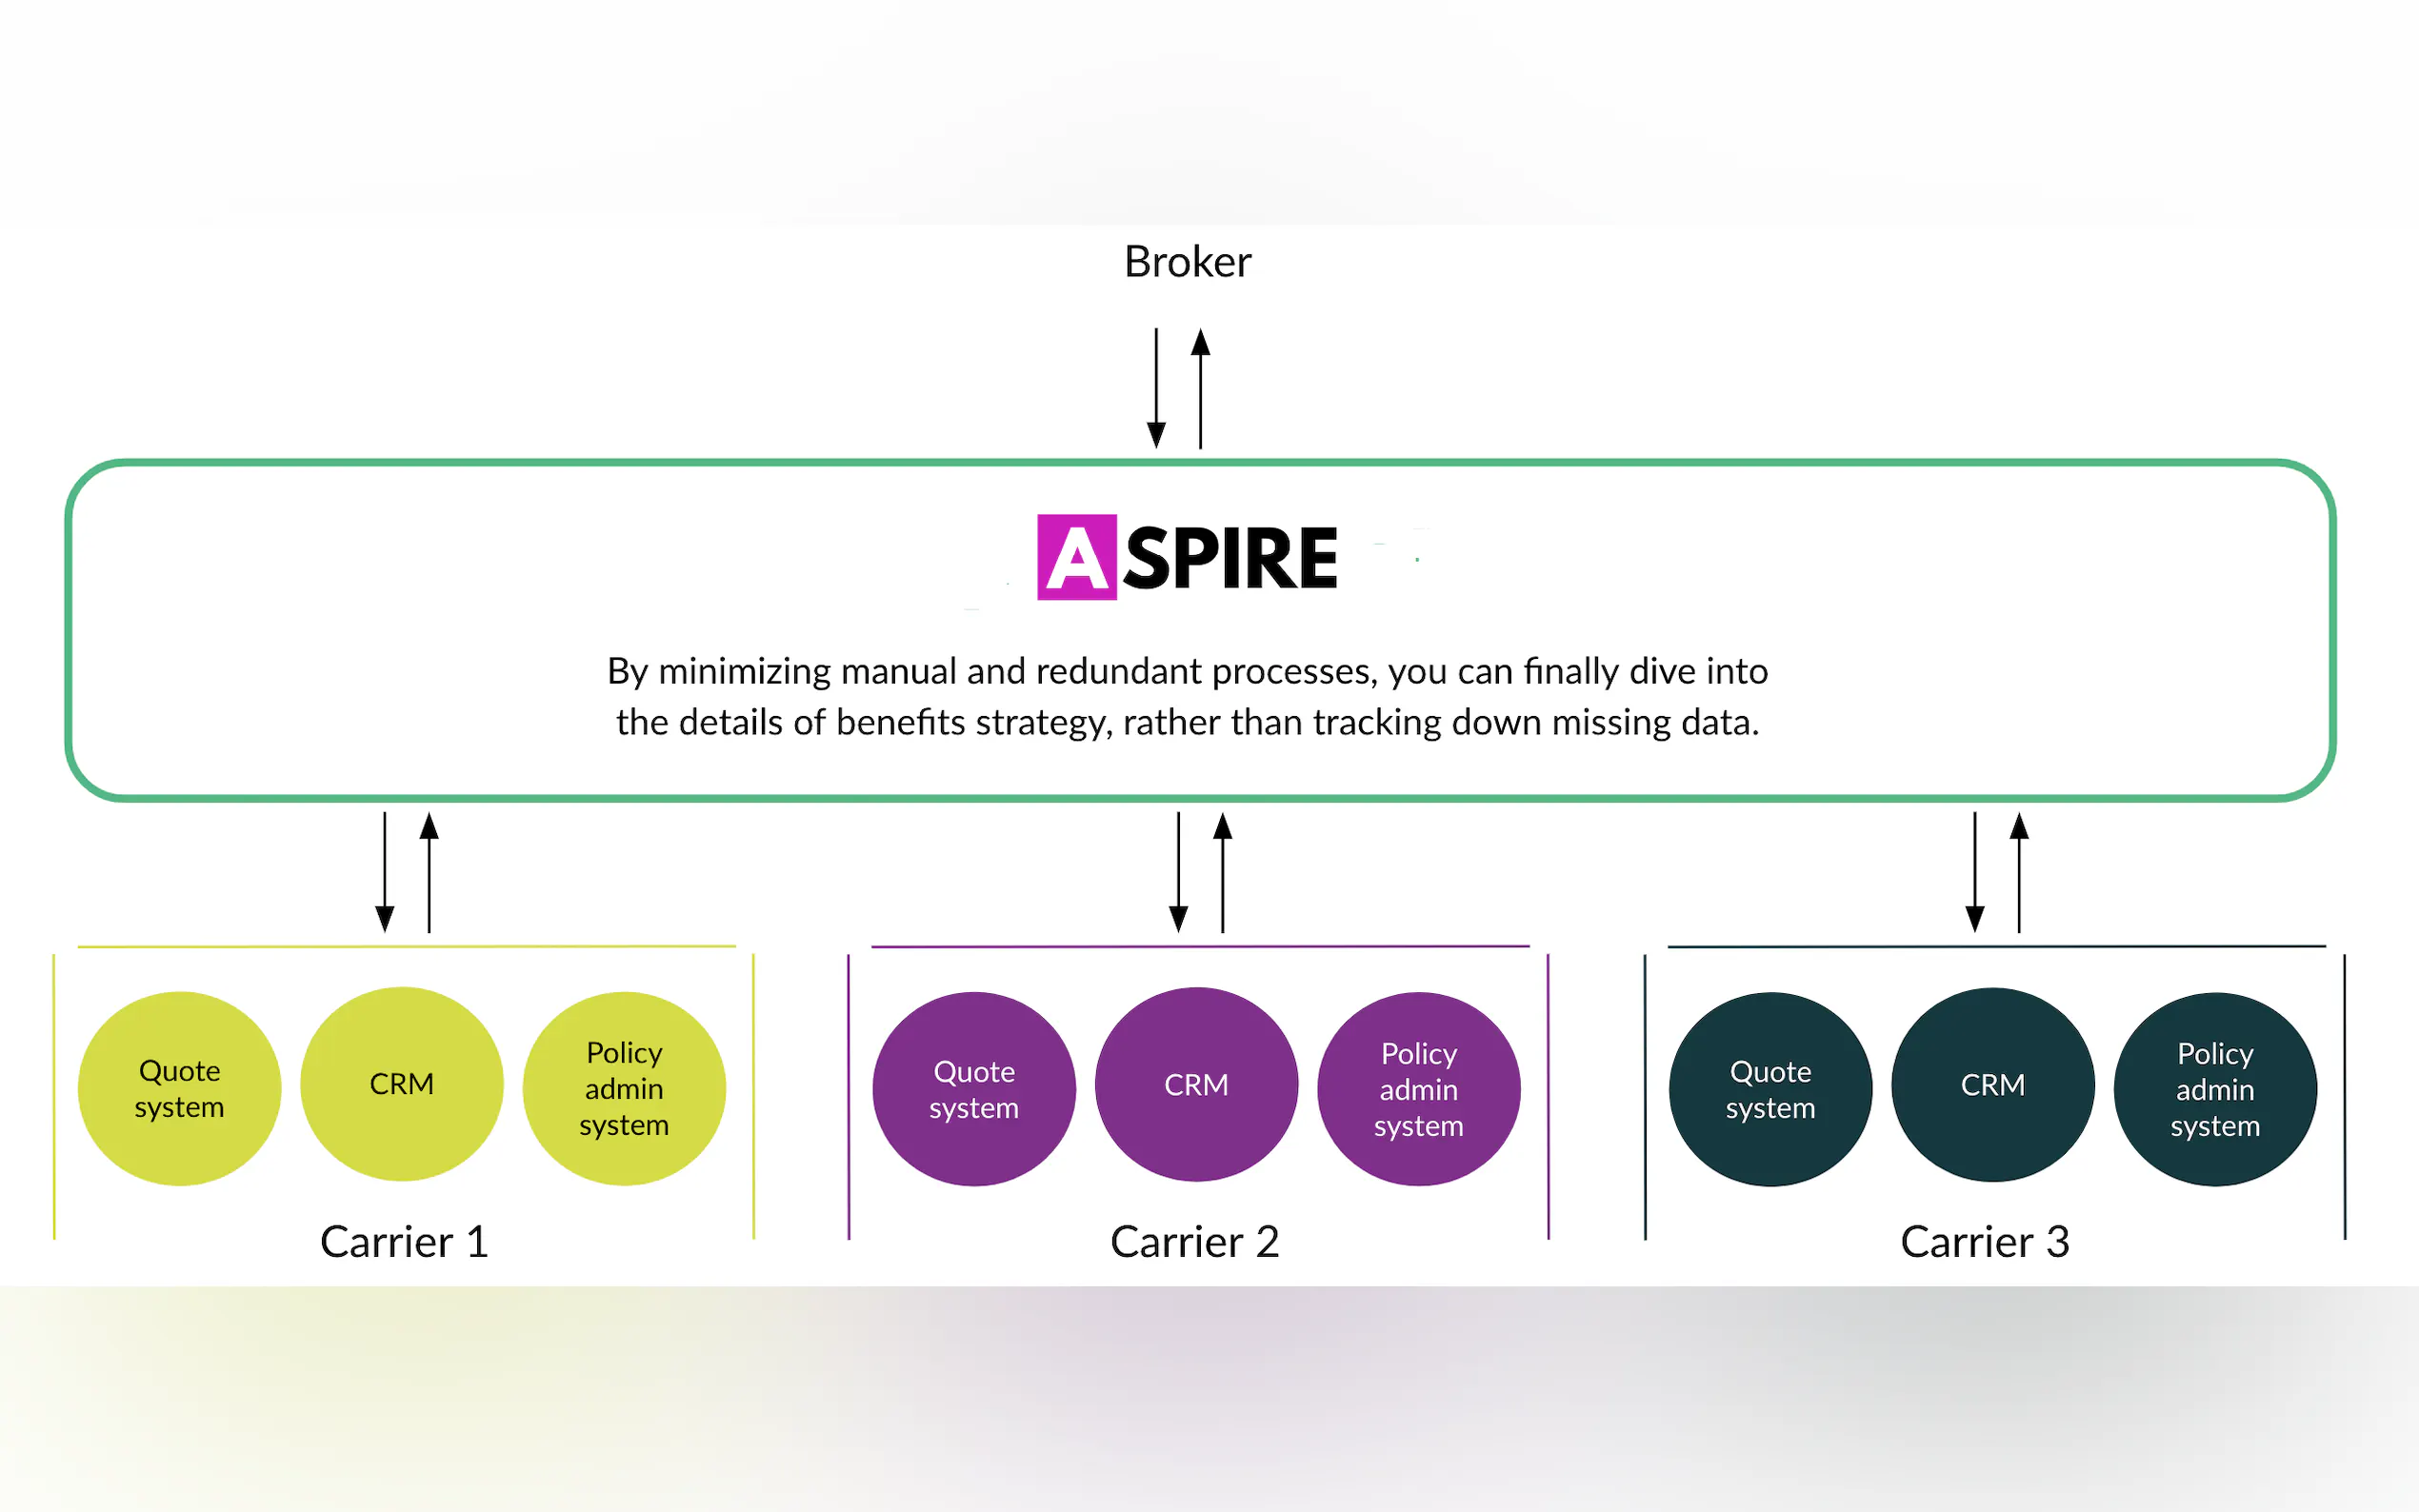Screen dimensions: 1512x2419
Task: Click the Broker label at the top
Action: coord(1187,262)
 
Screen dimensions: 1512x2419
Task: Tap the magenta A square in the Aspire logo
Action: coord(1076,557)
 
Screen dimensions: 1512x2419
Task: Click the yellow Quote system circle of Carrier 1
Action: coord(180,1088)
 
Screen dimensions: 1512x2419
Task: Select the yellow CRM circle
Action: coord(402,1084)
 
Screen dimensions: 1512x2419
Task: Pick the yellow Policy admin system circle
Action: coord(624,1088)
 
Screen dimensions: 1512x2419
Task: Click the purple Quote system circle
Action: coord(974,1089)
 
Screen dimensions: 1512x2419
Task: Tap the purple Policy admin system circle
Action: coord(1418,1089)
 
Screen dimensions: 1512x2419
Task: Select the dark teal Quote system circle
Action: coord(1770,1089)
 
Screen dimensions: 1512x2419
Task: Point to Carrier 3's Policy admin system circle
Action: coord(2215,1089)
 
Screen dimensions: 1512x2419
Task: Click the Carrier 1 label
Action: coord(404,1242)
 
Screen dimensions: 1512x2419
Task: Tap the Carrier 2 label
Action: coord(1194,1242)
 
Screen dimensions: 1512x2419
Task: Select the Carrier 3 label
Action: coord(1984,1242)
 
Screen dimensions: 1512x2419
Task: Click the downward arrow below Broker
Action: coord(1156,390)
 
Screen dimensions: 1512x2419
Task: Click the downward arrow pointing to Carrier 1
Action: coord(385,873)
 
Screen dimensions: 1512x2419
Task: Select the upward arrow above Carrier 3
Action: coord(2019,871)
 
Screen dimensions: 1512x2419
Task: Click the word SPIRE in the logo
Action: coord(1230,558)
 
